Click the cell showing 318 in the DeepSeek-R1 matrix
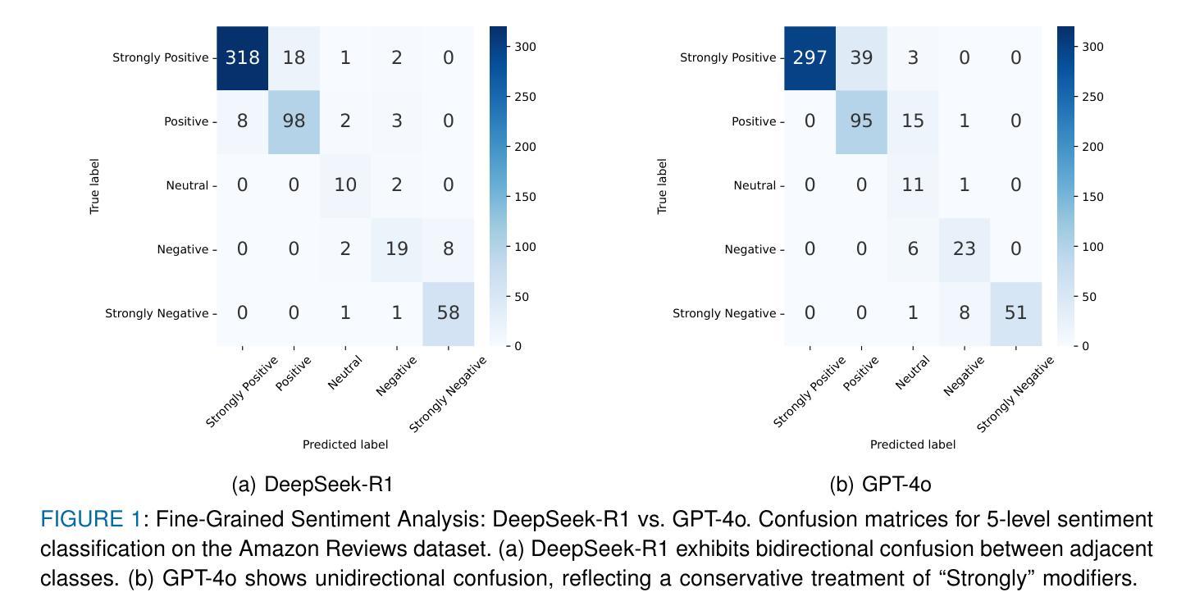click(x=243, y=57)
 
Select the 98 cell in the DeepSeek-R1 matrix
click(x=294, y=121)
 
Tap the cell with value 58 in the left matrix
click(x=448, y=313)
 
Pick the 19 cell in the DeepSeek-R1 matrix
click(x=396, y=249)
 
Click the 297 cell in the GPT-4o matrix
click(x=810, y=57)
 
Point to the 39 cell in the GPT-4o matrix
click(x=861, y=57)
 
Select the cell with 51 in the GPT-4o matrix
click(x=1015, y=313)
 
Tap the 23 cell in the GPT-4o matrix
click(x=964, y=249)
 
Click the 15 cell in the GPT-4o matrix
click(x=913, y=121)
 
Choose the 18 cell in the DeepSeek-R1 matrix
click(x=294, y=57)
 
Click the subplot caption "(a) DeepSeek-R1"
click(x=312, y=485)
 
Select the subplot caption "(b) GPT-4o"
click(x=880, y=485)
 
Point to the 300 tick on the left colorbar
click(x=525, y=47)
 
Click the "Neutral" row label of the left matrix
click(x=187, y=185)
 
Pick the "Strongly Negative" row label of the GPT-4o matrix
click(x=723, y=313)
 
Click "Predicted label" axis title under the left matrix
click(x=345, y=444)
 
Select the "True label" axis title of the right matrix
click(x=663, y=186)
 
